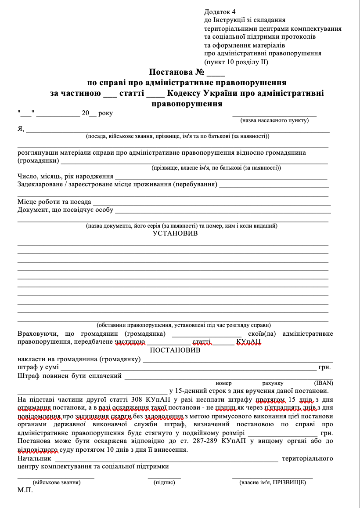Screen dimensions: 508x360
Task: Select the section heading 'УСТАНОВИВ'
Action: point(175,233)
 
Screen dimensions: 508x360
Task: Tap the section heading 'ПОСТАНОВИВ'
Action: point(175,350)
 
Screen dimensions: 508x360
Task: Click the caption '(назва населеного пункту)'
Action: point(274,120)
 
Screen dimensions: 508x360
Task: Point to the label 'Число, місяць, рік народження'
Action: point(65,176)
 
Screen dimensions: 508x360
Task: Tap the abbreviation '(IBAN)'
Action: point(323,383)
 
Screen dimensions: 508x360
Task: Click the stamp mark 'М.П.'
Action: point(25,490)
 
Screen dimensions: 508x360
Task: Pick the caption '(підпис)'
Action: point(164,482)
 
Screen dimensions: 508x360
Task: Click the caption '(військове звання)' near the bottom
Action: point(56,482)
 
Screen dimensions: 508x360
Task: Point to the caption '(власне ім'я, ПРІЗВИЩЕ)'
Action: point(273,482)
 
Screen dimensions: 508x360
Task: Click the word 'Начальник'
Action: point(33,458)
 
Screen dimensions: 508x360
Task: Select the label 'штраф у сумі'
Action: point(38,367)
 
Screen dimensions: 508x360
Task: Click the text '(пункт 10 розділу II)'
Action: point(236,62)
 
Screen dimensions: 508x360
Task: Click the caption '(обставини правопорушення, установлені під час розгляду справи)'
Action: point(184,325)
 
